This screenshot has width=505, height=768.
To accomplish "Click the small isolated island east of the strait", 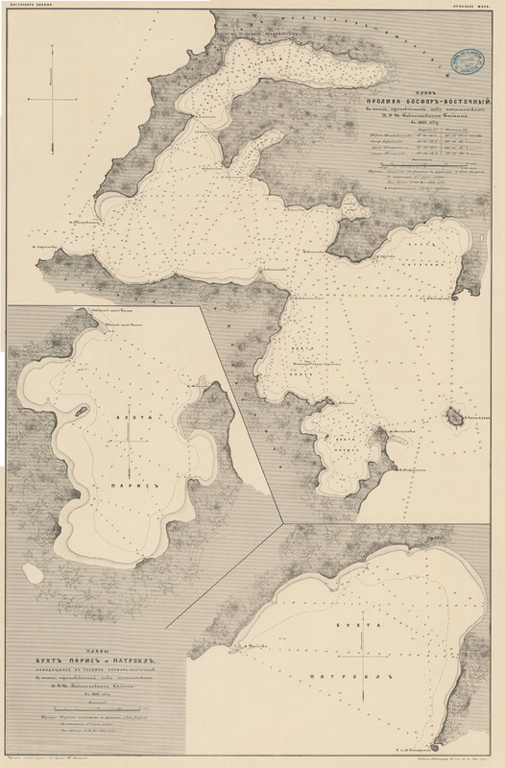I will (451, 420).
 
